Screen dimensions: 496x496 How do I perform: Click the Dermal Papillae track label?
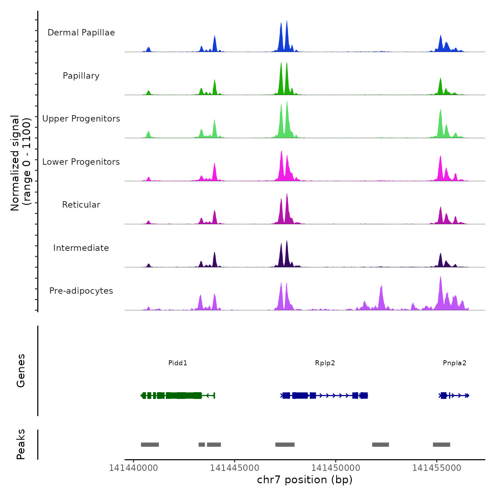(x=81, y=33)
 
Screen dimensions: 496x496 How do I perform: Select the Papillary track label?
(x=81, y=76)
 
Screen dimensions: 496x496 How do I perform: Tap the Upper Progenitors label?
(x=81, y=119)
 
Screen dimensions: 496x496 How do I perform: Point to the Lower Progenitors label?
(x=81, y=162)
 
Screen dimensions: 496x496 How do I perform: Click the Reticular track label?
(x=81, y=205)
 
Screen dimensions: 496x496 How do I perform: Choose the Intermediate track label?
(x=81, y=248)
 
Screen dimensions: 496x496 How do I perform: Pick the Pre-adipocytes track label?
(x=81, y=291)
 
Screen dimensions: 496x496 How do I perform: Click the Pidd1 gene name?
(x=178, y=363)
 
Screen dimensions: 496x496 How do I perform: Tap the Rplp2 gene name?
(x=325, y=363)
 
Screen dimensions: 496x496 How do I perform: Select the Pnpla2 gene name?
(x=455, y=363)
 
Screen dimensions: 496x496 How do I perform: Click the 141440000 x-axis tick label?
(x=134, y=468)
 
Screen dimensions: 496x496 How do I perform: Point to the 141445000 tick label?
(x=235, y=468)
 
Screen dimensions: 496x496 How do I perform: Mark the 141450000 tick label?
(x=336, y=468)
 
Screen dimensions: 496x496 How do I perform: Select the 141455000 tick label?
(x=436, y=468)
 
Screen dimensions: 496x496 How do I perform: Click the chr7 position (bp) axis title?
(x=305, y=480)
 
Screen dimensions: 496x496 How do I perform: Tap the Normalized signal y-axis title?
(x=21, y=163)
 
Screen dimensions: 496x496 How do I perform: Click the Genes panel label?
(x=21, y=370)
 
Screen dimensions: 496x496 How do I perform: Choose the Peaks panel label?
(x=21, y=444)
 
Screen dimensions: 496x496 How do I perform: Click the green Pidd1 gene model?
(x=177, y=395)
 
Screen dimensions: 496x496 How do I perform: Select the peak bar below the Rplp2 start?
(x=285, y=445)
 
